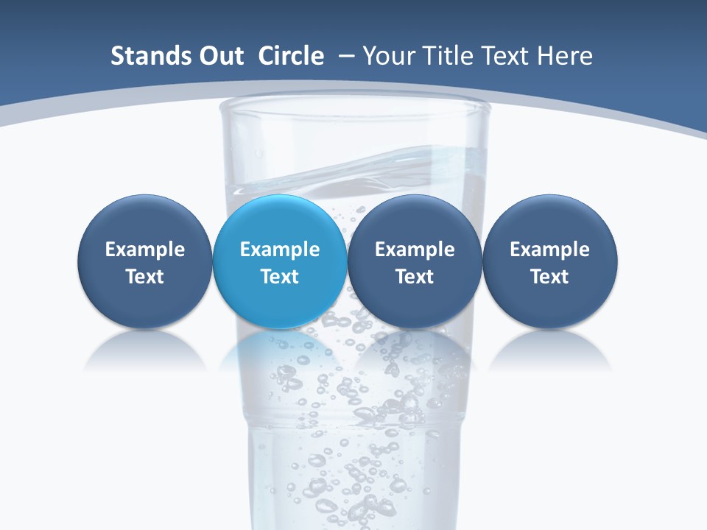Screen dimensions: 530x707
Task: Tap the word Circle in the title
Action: point(291,56)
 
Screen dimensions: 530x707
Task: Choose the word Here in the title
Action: point(563,56)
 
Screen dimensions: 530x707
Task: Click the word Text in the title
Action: point(509,56)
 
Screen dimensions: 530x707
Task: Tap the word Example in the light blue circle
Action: point(280,250)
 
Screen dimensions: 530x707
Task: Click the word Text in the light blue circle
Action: point(280,277)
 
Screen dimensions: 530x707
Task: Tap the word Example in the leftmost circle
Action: point(145,250)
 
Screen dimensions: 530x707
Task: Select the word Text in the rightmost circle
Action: point(549,277)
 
